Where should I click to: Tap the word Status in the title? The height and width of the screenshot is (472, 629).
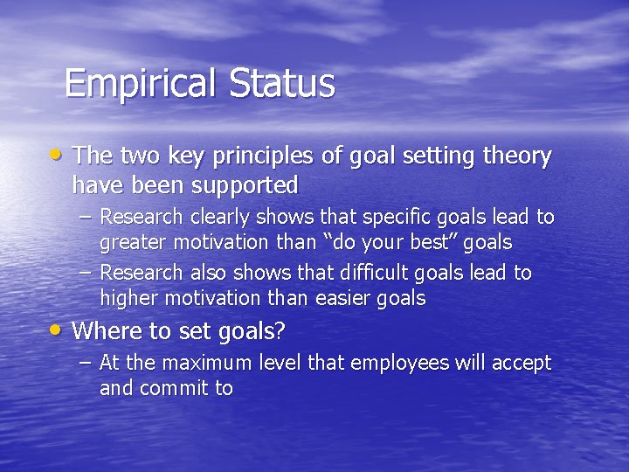282,84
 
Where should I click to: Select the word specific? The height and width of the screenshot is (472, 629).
405,217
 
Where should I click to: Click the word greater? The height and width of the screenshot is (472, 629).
132,242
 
